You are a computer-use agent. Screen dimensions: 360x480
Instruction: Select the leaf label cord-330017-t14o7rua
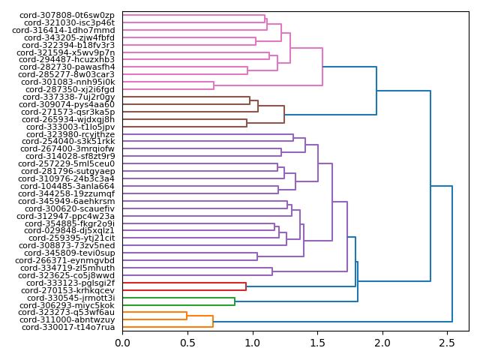coord(68,328)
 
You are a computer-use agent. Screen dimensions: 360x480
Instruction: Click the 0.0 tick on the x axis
coord(123,343)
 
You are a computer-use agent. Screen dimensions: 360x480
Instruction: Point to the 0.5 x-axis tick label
coord(187,343)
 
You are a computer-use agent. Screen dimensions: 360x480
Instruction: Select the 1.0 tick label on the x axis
coord(253,343)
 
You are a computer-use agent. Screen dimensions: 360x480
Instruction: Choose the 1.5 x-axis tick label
coord(317,343)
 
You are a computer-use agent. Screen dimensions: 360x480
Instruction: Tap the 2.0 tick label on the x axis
coord(382,343)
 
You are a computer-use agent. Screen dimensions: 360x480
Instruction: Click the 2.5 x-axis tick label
coord(447,343)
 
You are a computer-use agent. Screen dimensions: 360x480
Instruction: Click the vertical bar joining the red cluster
coord(246,286)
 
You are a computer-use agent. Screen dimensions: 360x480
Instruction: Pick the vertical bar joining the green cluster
coord(235,301)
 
